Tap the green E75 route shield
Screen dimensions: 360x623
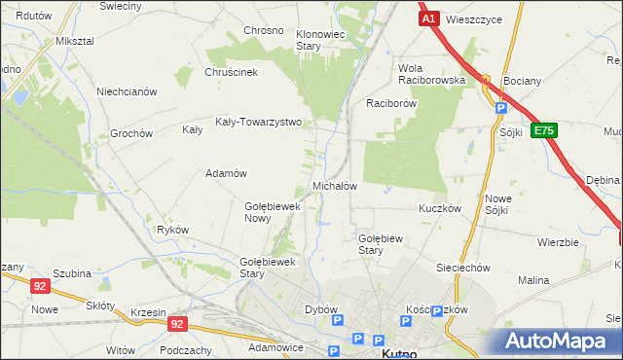544,130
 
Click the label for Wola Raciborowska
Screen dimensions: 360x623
431,74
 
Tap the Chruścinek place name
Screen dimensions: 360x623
231,72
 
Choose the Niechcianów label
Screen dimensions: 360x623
127,91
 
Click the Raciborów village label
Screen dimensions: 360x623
391,102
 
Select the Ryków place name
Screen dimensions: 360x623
172,230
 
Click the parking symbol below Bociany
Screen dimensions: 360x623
500,109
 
